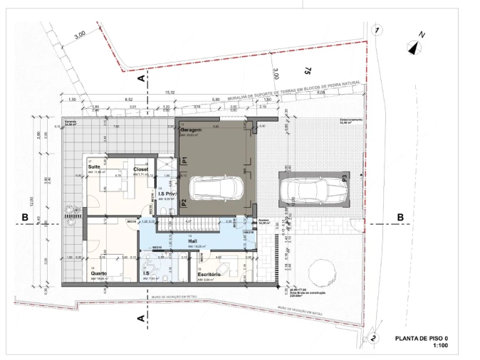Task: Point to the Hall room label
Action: coord(192,242)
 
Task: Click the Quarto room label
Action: coord(98,273)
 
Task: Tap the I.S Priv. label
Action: coord(167,194)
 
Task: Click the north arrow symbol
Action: coord(416,47)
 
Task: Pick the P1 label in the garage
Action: coord(184,162)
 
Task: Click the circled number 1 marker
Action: coord(378,30)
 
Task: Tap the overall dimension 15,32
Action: coord(169,92)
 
